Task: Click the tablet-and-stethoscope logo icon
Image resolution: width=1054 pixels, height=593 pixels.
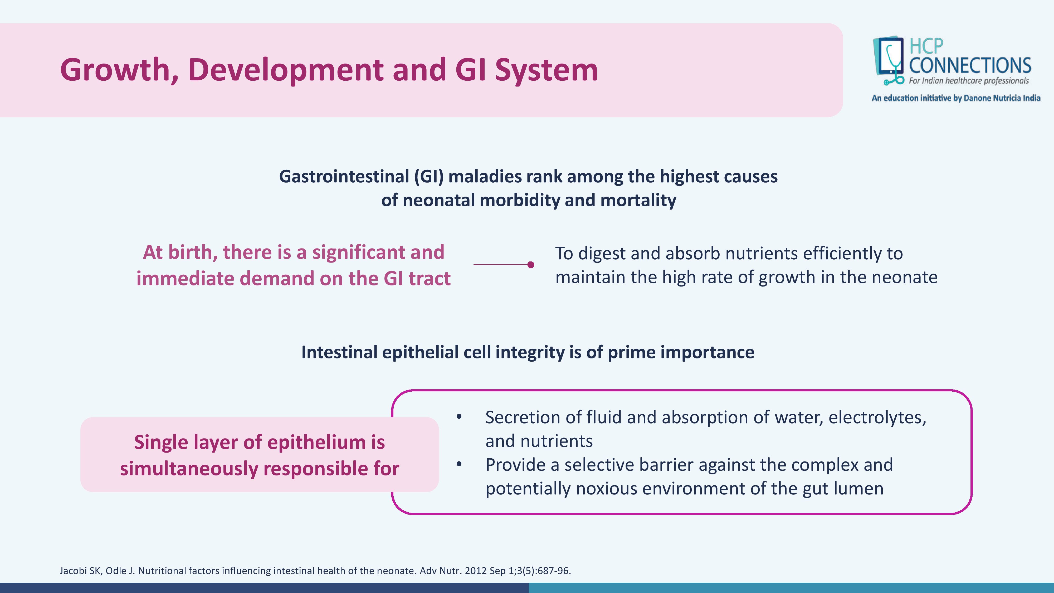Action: [889, 61]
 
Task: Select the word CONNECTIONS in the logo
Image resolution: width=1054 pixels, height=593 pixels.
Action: [970, 65]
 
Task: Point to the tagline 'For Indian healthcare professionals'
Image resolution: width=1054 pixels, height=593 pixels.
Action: [968, 81]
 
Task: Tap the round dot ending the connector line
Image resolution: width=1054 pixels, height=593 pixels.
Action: [531, 265]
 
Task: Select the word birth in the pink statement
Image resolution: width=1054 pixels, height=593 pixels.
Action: [192, 252]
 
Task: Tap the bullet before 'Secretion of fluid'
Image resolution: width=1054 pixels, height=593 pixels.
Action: [459, 417]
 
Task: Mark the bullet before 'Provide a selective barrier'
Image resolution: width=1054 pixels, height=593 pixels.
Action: [459, 464]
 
